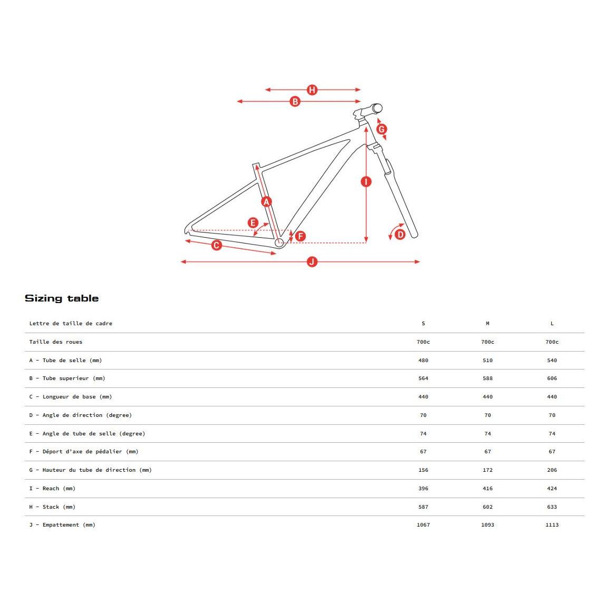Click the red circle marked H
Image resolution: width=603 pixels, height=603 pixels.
pos(312,90)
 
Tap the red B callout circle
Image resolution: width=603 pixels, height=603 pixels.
pos(295,102)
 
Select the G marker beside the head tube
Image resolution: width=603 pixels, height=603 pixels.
pos(382,129)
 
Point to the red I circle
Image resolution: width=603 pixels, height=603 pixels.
pos(366,182)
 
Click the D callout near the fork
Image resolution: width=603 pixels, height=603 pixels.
pos(400,235)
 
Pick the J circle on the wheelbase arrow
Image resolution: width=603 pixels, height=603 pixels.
pos(312,262)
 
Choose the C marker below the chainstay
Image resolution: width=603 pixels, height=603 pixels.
pos(217,246)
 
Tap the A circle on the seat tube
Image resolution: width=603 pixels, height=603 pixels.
pos(266,202)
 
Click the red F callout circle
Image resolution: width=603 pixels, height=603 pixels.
pos(300,236)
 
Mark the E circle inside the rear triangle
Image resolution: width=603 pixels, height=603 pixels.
pos(253,223)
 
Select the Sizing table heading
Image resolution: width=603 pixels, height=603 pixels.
pos(62,298)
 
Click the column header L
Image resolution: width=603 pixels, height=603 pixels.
pos(552,324)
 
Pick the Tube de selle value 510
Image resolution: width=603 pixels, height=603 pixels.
pos(488,361)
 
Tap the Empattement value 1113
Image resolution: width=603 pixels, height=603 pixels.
pos(552,525)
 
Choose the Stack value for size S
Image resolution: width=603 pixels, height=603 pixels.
pos(423,507)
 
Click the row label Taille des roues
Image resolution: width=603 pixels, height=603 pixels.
pos(56,342)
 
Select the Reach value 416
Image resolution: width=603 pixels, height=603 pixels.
pos(488,489)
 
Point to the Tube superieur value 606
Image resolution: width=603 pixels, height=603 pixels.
pos(552,378)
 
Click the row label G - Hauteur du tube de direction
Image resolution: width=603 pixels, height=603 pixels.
pos(90,470)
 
